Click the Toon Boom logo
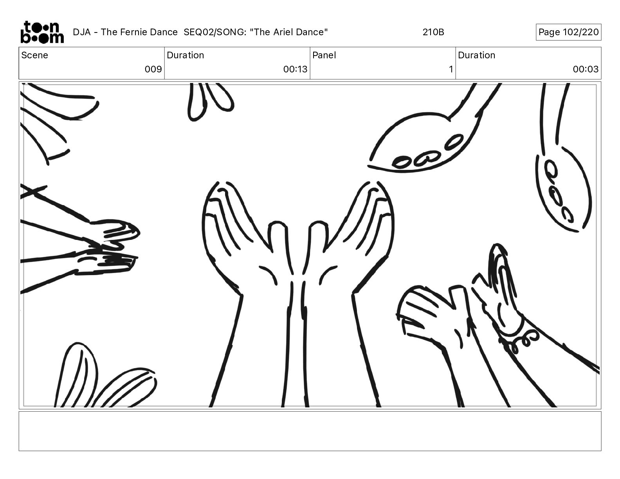(x=42, y=32)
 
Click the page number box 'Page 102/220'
(x=568, y=32)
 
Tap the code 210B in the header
(x=433, y=32)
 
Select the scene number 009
(x=153, y=69)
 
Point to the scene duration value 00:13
(x=295, y=69)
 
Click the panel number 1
(x=451, y=69)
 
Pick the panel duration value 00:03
(x=586, y=69)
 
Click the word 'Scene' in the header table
(x=34, y=55)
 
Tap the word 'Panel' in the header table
(x=324, y=55)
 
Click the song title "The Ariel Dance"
(x=289, y=32)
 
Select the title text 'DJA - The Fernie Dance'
(x=125, y=32)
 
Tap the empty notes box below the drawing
(x=310, y=431)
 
